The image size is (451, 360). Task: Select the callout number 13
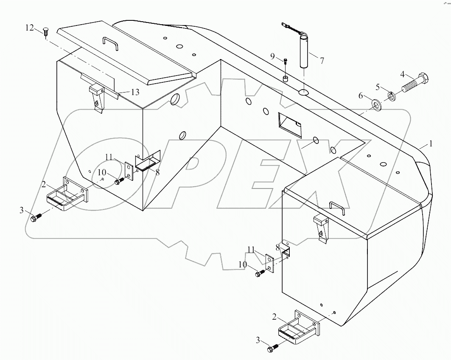tap(134, 93)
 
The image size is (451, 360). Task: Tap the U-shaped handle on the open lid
tap(110, 43)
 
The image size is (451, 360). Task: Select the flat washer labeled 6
tap(376, 104)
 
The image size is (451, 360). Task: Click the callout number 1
tap(431, 144)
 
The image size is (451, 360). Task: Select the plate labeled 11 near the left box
tap(128, 172)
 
